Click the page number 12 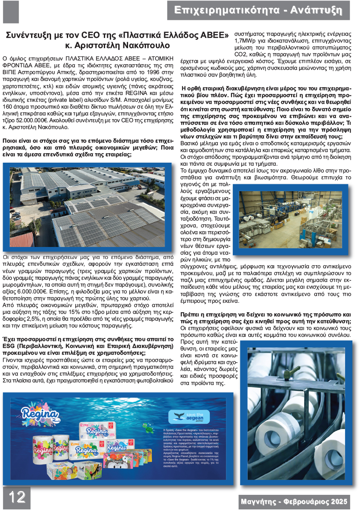click(x=16, y=497)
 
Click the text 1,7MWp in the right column click(x=246, y=41)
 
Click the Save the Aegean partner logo click(x=183, y=416)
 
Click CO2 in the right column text click(x=241, y=55)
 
